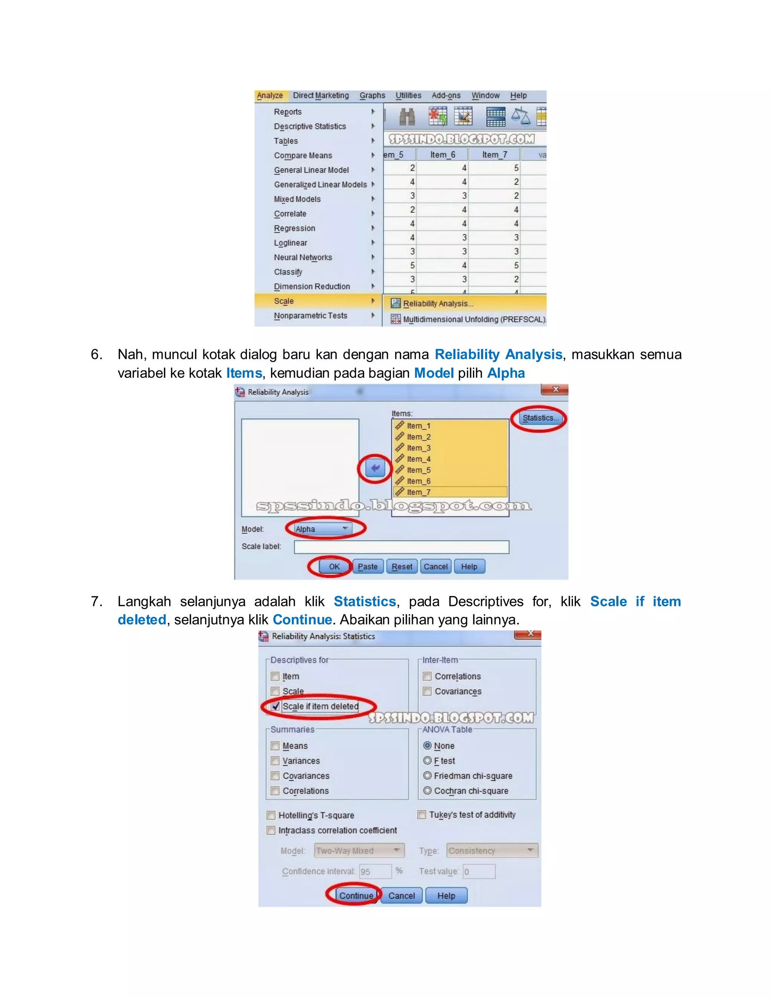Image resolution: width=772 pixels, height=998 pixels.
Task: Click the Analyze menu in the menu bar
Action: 270,96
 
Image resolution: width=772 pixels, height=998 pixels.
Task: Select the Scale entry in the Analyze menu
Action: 284,301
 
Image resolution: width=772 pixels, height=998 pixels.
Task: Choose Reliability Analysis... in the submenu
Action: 438,304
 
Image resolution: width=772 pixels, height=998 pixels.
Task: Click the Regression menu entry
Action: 294,228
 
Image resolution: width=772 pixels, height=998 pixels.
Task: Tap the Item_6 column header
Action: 442,155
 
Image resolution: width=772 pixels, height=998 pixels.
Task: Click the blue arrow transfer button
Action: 375,468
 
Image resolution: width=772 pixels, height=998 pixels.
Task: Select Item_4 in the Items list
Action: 418,459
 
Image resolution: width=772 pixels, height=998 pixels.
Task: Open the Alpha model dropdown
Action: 322,529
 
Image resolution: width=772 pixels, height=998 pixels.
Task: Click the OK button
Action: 334,567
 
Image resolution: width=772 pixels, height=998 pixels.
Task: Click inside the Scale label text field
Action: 401,547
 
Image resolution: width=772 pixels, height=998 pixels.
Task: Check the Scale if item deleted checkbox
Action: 275,706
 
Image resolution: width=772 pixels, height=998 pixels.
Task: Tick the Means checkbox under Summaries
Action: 275,746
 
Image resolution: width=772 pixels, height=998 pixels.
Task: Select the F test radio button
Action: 427,760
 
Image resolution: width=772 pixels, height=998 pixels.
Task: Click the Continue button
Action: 356,896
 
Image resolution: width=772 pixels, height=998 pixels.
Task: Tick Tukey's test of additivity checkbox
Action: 422,815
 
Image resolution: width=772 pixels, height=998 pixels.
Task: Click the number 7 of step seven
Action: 96,601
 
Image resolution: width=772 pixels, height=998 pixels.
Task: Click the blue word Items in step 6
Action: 244,373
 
